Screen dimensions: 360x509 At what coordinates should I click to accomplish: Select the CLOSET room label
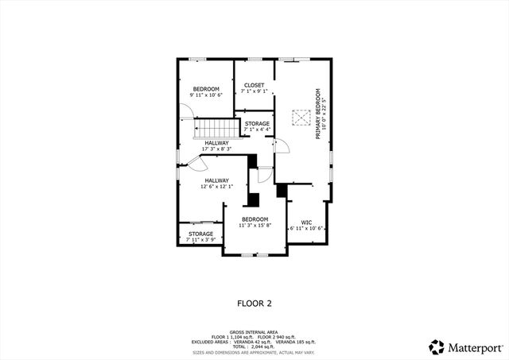coord(254,85)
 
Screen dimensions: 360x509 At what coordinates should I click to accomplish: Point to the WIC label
coord(305,222)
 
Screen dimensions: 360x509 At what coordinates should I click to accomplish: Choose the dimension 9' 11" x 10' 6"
coord(205,95)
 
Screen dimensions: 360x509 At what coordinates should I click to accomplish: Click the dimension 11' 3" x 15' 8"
coord(254,226)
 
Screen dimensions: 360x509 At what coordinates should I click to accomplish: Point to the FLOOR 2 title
coord(254,303)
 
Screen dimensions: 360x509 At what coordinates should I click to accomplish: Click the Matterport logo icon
coord(437,346)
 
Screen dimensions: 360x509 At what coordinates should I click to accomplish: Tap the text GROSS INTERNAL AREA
coord(254,332)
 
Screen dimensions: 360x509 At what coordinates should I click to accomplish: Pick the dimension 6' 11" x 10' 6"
coord(305,228)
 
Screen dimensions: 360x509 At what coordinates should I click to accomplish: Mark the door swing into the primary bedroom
coord(280,146)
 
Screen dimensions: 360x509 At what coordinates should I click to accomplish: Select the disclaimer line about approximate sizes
coord(254,352)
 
